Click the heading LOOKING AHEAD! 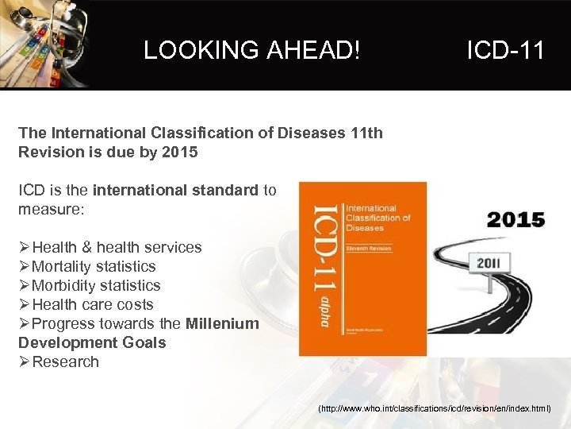pyautogui.click(x=252, y=51)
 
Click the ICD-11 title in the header pyautogui.click(x=505, y=51)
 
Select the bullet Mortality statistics pyautogui.click(x=94, y=266)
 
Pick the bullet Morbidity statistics pyautogui.click(x=96, y=285)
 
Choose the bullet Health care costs pyautogui.click(x=93, y=304)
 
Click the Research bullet pyautogui.click(x=66, y=361)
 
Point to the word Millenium pyautogui.click(x=222, y=323)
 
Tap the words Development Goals pyautogui.click(x=92, y=342)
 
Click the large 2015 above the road pyautogui.click(x=515, y=220)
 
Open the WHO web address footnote pyautogui.click(x=434, y=408)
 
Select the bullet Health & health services pyautogui.click(x=117, y=247)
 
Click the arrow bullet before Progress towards pyautogui.click(x=25, y=324)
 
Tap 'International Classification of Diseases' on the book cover pyautogui.click(x=377, y=218)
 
